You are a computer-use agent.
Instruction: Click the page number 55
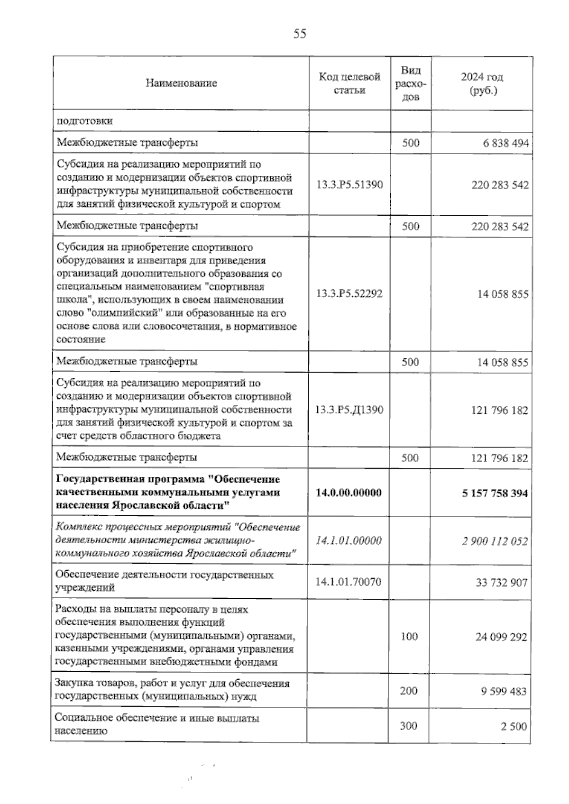click(x=300, y=34)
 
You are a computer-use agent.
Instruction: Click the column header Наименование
click(x=181, y=83)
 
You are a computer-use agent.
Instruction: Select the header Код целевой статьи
click(x=349, y=83)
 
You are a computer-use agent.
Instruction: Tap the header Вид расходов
click(x=411, y=83)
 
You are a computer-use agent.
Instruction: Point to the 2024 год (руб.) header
click(x=482, y=83)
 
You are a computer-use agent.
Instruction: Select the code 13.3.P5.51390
click(x=349, y=184)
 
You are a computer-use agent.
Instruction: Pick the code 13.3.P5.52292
click(x=349, y=293)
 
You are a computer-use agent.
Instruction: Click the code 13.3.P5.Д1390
click(x=349, y=410)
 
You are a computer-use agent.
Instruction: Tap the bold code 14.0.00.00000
click(x=349, y=493)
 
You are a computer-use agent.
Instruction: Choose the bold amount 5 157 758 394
click(x=495, y=493)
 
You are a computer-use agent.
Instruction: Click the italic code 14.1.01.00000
click(x=349, y=540)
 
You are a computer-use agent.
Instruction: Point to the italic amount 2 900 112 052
click(x=495, y=541)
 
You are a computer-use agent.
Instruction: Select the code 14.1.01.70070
click(x=349, y=582)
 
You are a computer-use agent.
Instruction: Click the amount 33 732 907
click(x=501, y=582)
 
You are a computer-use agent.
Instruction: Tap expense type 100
click(x=409, y=636)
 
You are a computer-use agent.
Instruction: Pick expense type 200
click(x=408, y=691)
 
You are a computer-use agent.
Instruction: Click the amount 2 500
click(x=514, y=726)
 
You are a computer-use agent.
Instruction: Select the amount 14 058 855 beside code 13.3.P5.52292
click(x=503, y=294)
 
